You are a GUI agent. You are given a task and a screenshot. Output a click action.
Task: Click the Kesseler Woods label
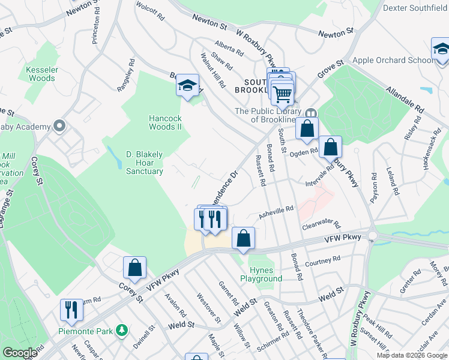(41, 74)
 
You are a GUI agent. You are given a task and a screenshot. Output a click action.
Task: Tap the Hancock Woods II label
(165, 122)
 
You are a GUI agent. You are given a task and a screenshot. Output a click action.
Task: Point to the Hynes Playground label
(261, 274)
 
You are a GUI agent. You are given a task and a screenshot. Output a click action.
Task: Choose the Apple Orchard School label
(393, 60)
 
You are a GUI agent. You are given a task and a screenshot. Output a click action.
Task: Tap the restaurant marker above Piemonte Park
(71, 310)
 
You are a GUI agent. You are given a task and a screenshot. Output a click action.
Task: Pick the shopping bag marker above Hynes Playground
(243, 238)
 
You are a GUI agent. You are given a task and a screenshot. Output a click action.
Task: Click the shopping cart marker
(282, 93)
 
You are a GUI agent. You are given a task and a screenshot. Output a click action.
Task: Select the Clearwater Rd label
(321, 225)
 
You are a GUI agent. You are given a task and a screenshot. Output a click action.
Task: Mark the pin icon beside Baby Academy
(59, 126)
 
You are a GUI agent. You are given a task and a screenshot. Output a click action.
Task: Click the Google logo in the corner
(20, 353)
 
